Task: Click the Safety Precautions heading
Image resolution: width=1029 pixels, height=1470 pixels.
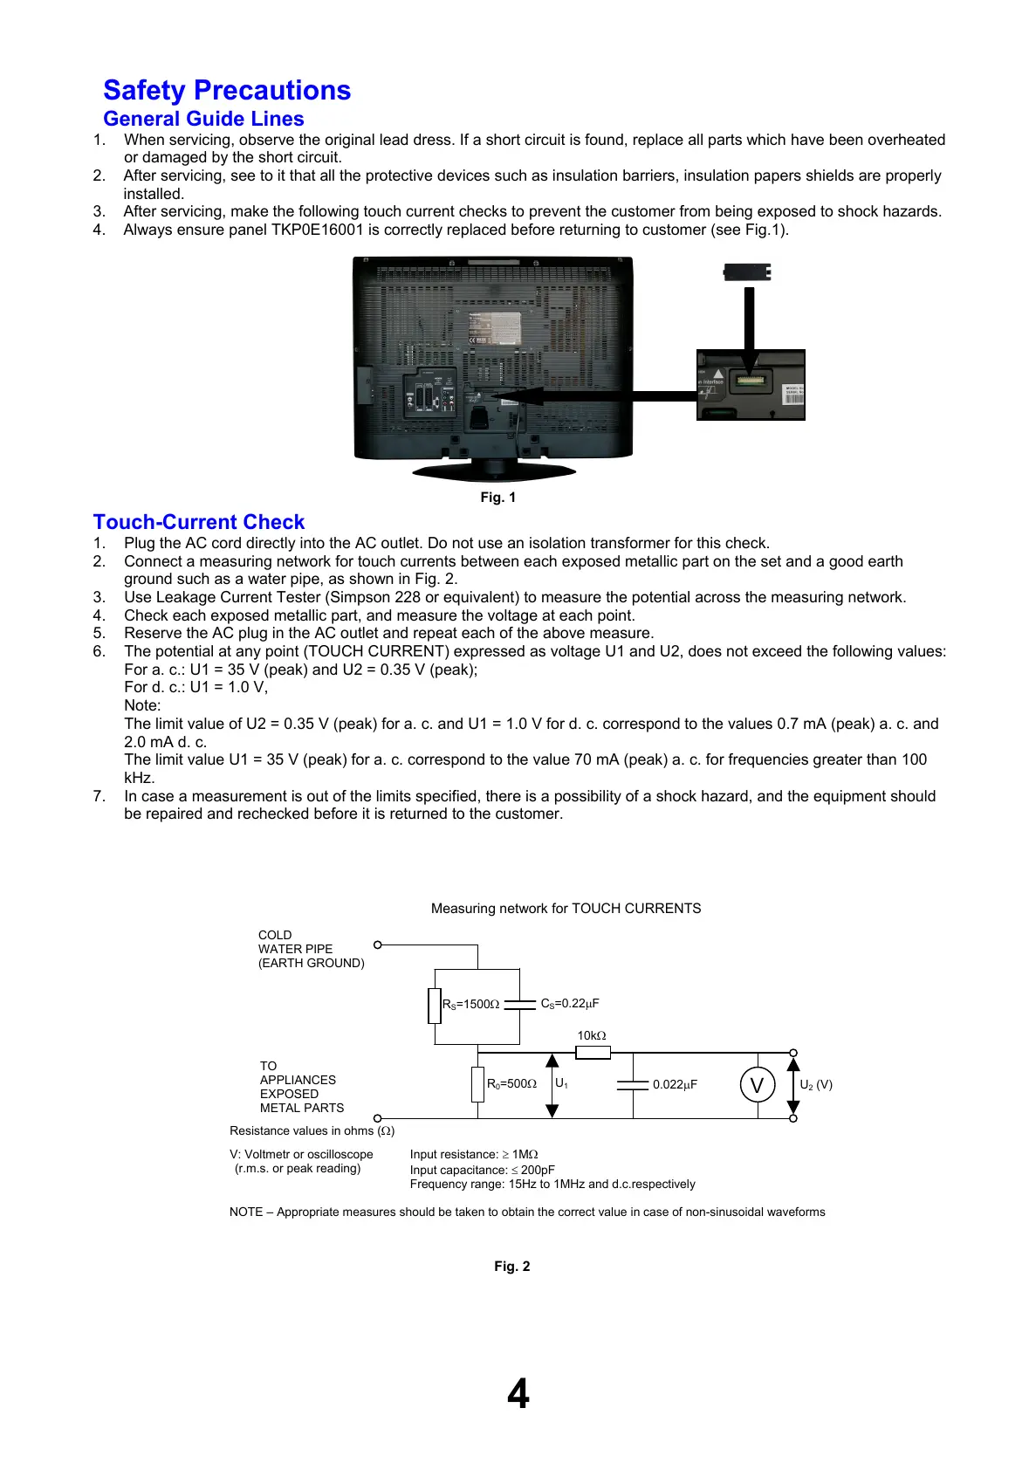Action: [x=227, y=90]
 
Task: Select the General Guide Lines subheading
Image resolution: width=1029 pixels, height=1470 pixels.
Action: [x=203, y=119]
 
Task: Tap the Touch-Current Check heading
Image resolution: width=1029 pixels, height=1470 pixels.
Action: [x=199, y=522]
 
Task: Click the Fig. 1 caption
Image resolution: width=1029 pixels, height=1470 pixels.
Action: [x=498, y=498]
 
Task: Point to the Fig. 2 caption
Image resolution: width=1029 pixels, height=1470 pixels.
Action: [x=512, y=1267]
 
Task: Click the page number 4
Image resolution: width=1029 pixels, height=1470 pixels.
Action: [x=518, y=1394]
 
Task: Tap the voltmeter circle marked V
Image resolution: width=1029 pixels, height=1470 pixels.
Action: [x=757, y=1085]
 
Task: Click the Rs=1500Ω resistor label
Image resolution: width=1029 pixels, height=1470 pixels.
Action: [x=471, y=1005]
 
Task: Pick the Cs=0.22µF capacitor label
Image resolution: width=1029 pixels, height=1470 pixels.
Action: [x=570, y=1004]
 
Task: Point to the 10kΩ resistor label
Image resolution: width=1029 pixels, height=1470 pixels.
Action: [x=592, y=1036]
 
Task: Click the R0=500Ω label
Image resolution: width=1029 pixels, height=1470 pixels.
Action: [x=511, y=1084]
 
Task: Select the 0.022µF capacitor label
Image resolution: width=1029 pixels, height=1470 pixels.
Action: [x=675, y=1085]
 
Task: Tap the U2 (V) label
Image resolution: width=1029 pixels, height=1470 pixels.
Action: [x=816, y=1085]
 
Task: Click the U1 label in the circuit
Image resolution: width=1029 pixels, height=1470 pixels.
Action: [x=561, y=1083]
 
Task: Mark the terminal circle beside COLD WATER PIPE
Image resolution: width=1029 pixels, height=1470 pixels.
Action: [x=378, y=945]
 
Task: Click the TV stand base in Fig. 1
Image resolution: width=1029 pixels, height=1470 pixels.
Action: [x=494, y=472]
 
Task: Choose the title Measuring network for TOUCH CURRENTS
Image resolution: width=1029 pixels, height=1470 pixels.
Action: [x=566, y=909]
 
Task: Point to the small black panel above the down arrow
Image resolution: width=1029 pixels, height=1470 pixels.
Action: [x=747, y=272]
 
